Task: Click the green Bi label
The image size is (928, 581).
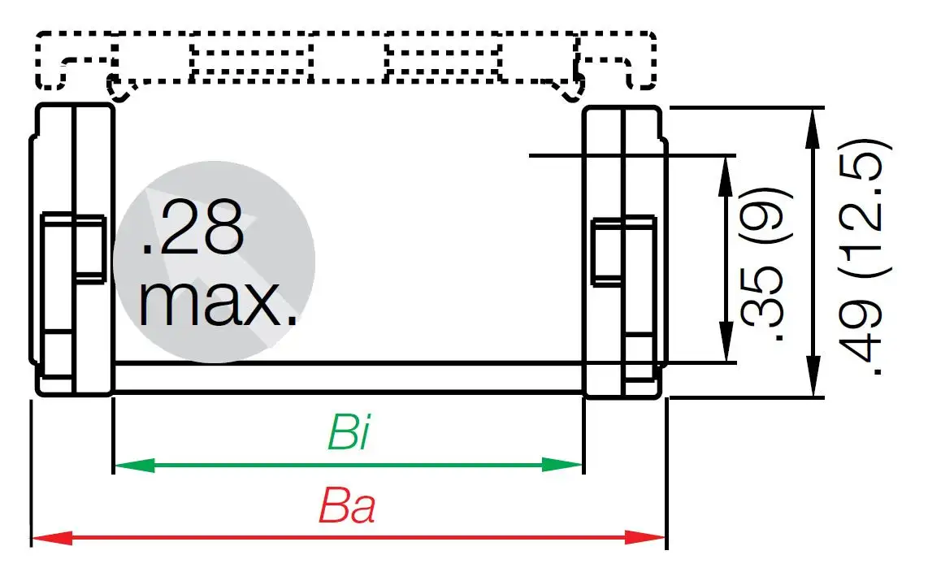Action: click(349, 432)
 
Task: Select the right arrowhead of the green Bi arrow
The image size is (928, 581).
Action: click(566, 466)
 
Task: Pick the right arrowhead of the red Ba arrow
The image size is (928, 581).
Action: click(647, 537)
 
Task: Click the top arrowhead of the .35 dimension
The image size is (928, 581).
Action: click(723, 172)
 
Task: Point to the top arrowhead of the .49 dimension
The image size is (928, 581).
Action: click(813, 125)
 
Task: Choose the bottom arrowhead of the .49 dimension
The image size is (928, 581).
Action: click(813, 379)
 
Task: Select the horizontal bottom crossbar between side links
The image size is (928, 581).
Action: click(348, 378)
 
